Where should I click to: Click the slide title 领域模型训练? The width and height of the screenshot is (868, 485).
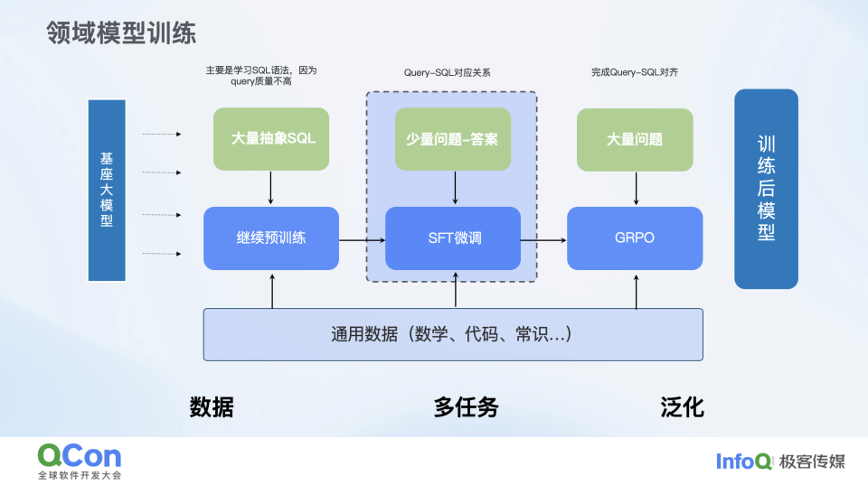pos(121,34)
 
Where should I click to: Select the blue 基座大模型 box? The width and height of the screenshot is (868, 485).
pos(107,190)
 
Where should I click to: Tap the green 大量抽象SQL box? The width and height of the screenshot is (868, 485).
pos(272,139)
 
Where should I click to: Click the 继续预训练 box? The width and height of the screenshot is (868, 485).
pos(271,238)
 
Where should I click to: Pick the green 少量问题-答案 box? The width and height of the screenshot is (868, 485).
pos(453,139)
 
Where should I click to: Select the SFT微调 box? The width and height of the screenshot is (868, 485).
pos(453,238)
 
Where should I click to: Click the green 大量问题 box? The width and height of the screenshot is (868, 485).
pos(635,139)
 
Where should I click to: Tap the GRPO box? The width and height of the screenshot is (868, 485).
pos(635,238)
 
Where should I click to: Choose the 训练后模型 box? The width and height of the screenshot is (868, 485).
pos(766,189)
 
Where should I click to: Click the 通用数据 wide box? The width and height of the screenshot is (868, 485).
pos(453,334)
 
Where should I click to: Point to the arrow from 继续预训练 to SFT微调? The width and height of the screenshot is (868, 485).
pos(362,239)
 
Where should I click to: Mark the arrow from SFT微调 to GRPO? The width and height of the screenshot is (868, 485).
pos(543,239)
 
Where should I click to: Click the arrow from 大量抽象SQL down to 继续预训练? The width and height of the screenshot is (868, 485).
pos(271,188)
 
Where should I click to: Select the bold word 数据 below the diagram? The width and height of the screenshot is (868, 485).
pos(212,407)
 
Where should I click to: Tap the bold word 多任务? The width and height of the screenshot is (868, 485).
pos(466,407)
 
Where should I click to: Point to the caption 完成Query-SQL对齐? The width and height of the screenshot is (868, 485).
pos(635,72)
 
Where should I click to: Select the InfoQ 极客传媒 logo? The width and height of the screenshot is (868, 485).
pos(780,462)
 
